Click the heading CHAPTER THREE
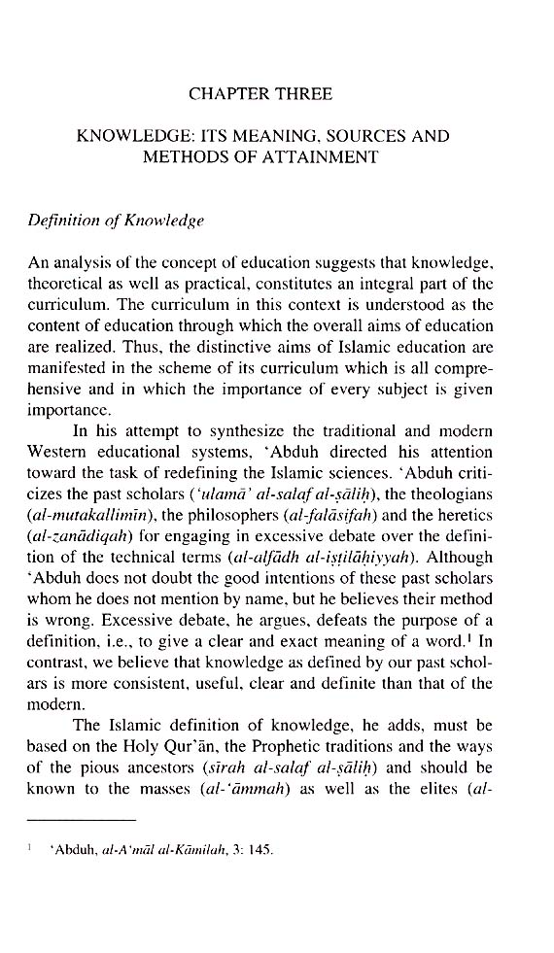point(260,94)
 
